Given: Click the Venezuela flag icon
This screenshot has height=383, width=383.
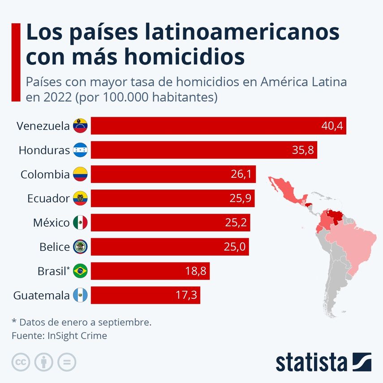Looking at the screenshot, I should (81, 126).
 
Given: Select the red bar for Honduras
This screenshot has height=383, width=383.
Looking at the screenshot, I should (204, 150).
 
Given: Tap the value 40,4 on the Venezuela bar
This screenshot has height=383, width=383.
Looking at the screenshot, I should (332, 126).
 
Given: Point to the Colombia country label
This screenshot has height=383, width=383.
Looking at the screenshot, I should (45, 174).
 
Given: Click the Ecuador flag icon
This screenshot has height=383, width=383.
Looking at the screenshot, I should (81, 198).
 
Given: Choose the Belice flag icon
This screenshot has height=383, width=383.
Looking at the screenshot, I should (81, 247).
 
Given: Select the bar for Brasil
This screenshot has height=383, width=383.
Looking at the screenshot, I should (150, 271).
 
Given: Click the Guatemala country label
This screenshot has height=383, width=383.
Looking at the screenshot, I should (42, 295).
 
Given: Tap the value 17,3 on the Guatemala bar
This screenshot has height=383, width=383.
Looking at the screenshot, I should (185, 295).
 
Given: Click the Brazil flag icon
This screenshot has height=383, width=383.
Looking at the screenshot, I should (81, 271).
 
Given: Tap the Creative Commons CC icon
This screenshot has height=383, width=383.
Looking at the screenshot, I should (21, 362).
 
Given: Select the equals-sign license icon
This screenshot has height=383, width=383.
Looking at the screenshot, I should (67, 362).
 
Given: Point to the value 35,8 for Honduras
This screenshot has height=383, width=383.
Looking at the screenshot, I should (303, 150).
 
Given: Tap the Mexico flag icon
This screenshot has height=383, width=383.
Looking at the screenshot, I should (81, 223).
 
